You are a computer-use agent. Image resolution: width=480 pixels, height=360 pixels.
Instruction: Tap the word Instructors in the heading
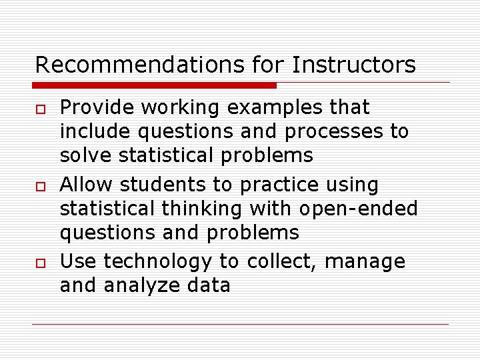tap(353, 65)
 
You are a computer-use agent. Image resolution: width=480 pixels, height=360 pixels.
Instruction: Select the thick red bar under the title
tap(155, 85)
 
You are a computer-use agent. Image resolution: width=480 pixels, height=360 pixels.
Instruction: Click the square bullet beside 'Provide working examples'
tap(40, 108)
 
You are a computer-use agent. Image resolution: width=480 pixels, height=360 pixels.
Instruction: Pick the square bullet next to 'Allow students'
tap(40, 185)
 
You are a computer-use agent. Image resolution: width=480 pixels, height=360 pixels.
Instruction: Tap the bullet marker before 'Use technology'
tap(40, 263)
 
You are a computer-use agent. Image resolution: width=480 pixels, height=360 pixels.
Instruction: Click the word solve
tap(86, 155)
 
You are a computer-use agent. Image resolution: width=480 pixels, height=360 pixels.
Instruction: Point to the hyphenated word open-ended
tap(358, 209)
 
